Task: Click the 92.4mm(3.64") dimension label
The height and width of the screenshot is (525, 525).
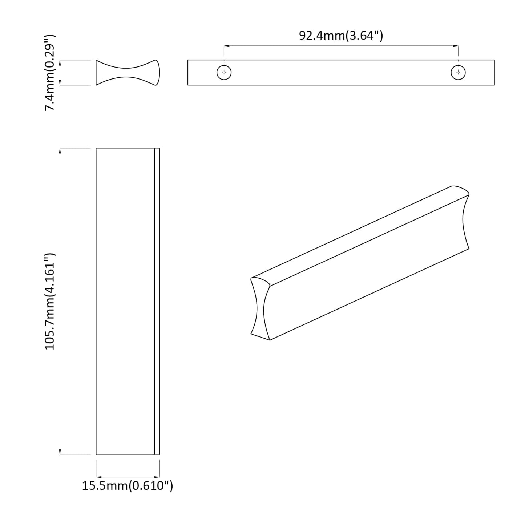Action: point(341,36)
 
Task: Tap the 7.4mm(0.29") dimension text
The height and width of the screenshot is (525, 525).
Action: point(50,73)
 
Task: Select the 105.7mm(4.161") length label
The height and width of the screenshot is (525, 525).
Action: point(50,301)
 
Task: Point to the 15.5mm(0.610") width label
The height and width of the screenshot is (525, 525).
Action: point(128,486)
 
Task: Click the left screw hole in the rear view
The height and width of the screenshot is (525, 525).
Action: point(224,73)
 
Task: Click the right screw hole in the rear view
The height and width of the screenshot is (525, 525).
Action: point(458,73)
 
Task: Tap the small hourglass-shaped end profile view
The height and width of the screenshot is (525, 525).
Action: point(128,73)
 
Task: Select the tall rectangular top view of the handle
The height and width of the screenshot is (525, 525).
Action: point(125,301)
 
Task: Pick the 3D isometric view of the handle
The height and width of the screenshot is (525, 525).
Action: point(360,263)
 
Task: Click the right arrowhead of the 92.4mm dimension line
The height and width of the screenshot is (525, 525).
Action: point(456,46)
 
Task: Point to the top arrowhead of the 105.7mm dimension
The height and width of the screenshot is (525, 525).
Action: point(60,150)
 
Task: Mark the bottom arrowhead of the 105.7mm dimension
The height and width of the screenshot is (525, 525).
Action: point(60,452)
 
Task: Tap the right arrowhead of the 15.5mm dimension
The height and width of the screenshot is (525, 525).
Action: point(158,477)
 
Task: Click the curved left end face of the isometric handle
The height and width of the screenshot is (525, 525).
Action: point(260,309)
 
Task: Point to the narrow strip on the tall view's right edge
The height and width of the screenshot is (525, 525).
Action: point(157,301)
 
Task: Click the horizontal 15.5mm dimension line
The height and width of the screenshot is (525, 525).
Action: point(128,477)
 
